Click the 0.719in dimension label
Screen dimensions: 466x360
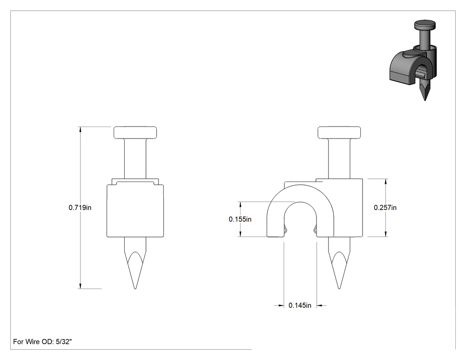coord(80,207)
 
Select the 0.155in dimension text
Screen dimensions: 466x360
coord(240,219)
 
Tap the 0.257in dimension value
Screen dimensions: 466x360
coord(385,207)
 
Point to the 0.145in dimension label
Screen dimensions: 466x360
coord(300,305)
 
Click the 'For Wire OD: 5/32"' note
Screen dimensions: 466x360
coord(43,341)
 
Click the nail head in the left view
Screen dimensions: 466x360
coord(135,133)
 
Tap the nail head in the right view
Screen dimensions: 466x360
coord(340,133)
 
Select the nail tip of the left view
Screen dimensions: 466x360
coord(135,289)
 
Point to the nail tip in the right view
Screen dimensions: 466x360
coord(339,289)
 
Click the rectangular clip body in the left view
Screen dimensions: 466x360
coord(135,211)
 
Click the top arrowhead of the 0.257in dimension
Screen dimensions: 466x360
coord(386,182)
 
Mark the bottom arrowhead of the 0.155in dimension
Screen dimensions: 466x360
coord(240,233)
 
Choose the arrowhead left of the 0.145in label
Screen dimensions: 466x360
coord(280,305)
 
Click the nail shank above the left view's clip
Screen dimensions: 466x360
coord(135,158)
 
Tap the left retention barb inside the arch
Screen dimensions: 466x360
coord(286,229)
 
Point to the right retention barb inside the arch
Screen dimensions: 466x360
coord(315,229)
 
